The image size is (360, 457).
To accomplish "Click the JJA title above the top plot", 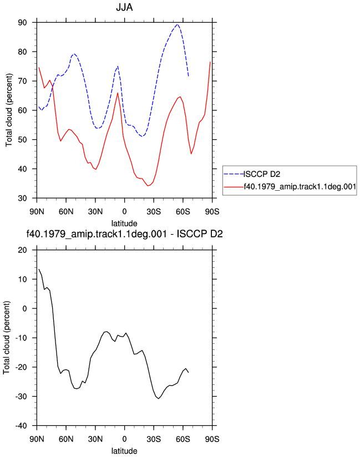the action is [x=124, y=7].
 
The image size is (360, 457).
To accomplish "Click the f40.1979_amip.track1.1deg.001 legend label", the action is [x=300, y=186].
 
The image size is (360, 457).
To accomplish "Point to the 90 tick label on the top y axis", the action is [x=22, y=22].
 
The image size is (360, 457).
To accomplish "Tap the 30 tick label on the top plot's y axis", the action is [x=22, y=198].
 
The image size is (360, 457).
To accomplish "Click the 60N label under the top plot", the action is [x=66, y=212].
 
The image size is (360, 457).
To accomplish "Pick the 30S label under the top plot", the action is [x=154, y=212].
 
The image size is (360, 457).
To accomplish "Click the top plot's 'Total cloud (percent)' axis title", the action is [x=9, y=110].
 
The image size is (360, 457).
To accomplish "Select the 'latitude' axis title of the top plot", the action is [x=124, y=224].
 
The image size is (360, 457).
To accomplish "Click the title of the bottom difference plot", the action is [x=124, y=233].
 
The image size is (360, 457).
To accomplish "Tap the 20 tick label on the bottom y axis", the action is [x=22, y=250].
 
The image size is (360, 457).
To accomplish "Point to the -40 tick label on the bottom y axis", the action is [x=21, y=425].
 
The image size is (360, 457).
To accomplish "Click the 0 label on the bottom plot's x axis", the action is [x=124, y=439].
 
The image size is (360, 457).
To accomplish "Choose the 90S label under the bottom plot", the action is [x=212, y=439].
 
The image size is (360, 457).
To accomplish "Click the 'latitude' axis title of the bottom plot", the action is [x=124, y=451].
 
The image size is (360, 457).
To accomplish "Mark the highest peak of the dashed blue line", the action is [x=177, y=24].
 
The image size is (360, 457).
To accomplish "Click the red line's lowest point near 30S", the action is [x=148, y=186].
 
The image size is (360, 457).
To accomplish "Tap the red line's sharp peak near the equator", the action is [x=118, y=93].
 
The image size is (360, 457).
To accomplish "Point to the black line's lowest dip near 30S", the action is [x=159, y=398].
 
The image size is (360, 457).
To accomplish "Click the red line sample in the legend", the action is [x=234, y=187].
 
